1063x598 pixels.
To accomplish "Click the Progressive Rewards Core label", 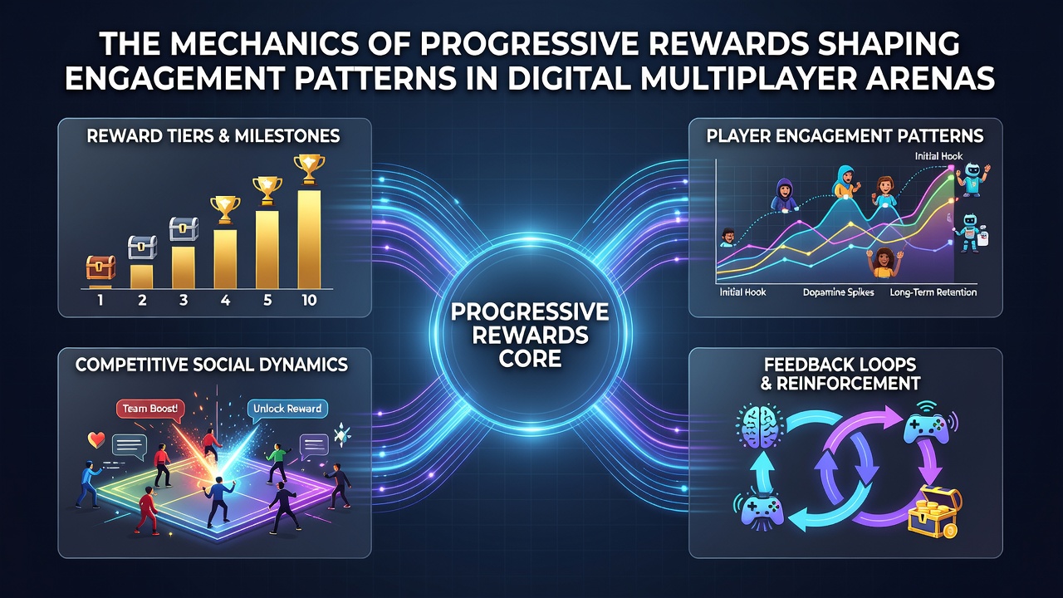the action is coord(530,336).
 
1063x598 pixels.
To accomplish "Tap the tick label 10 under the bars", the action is coord(309,300).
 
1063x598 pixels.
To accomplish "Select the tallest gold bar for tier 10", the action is coord(309,240).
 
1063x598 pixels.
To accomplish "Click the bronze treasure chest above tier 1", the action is coord(100,267).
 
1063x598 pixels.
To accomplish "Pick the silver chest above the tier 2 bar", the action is coord(142,248).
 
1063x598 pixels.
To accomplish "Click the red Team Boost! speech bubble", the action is coord(150,410).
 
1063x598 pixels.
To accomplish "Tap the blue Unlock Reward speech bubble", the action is coord(287,410).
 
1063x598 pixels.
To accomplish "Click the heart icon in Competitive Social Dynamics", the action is coord(96,440).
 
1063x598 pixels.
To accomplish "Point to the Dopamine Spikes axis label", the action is coord(838,292).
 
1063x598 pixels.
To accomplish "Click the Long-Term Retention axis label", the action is coord(933,292).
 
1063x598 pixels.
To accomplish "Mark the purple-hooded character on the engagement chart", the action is coord(783,194).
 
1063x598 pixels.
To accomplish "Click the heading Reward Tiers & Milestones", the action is coord(213,136).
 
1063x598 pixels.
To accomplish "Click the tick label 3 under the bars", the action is coord(184,300).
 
